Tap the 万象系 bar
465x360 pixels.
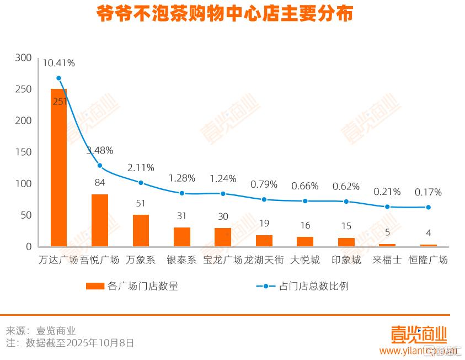pyautogui.click(x=141, y=230)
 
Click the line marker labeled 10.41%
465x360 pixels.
pyautogui.click(x=58, y=78)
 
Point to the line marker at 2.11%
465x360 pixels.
pyautogui.click(x=141, y=183)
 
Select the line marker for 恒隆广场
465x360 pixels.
pyautogui.click(x=428, y=208)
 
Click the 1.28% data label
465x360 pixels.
pyautogui.click(x=182, y=178)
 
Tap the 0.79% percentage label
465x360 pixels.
pyautogui.click(x=264, y=184)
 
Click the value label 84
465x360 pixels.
pyautogui.click(x=100, y=182)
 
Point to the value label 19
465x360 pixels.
pyautogui.click(x=264, y=224)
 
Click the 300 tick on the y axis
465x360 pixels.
pyautogui.click(x=24, y=57)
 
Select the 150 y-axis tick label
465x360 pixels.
pyautogui.click(x=24, y=152)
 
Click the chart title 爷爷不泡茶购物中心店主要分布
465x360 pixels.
pyautogui.click(x=225, y=14)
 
